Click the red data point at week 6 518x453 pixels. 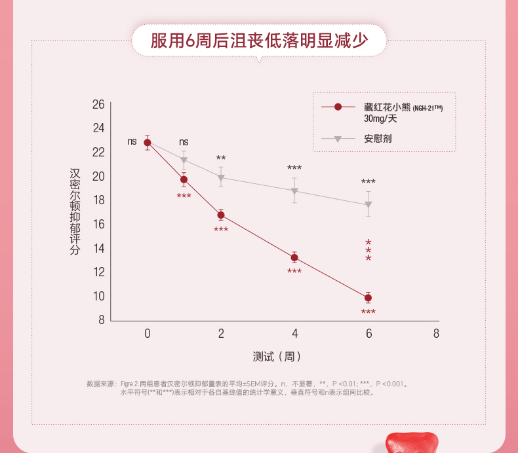(x=368, y=298)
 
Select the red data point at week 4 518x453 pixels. (x=294, y=257)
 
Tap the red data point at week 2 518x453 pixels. (x=221, y=215)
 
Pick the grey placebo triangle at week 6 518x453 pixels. (x=368, y=205)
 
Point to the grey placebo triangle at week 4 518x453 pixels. (x=294, y=192)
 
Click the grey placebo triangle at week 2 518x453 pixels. (x=221, y=178)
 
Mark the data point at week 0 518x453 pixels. (x=148, y=143)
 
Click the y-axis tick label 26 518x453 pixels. (x=98, y=104)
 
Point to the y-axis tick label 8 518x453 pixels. (x=101, y=320)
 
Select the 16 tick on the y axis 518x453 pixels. (x=98, y=224)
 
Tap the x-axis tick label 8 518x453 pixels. (x=436, y=333)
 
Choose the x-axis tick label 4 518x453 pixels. (x=294, y=333)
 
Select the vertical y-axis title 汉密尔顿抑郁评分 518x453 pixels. (x=75, y=211)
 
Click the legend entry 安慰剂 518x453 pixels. (x=378, y=139)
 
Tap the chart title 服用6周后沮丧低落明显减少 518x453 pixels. (x=258, y=41)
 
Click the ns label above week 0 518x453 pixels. (x=132, y=141)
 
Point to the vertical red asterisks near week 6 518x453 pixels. (x=369, y=251)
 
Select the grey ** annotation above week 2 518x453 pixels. (x=221, y=158)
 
